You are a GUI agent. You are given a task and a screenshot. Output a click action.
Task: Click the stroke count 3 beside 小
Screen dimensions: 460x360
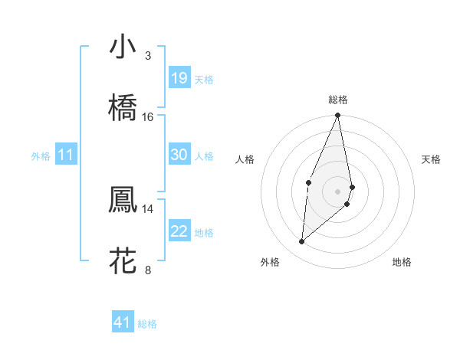[x=148, y=56]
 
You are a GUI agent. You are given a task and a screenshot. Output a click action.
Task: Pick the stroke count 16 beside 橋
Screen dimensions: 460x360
[x=148, y=116]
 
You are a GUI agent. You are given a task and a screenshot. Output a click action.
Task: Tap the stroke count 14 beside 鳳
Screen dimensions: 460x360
[x=148, y=208]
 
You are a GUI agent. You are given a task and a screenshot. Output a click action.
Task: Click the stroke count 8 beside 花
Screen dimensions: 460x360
[x=148, y=270]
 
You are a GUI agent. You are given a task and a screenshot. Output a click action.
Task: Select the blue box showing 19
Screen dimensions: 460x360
[x=179, y=78]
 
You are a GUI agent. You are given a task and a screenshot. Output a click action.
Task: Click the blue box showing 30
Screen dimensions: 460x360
[x=179, y=155]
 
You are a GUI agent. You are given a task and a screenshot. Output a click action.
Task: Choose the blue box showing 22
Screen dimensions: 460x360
[x=179, y=231]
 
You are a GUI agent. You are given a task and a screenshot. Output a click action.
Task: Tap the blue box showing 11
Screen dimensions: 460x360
[x=65, y=155]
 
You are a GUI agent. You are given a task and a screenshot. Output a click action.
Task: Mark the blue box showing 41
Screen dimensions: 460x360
[x=123, y=322]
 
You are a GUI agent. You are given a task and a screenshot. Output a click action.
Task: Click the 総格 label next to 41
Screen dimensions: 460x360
[x=147, y=324]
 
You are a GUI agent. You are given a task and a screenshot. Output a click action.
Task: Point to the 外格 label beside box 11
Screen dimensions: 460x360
[x=41, y=156]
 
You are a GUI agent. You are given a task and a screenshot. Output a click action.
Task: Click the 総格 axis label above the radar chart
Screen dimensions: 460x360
[x=338, y=100]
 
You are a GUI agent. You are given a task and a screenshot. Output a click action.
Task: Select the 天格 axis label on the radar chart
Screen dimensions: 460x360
[x=432, y=159]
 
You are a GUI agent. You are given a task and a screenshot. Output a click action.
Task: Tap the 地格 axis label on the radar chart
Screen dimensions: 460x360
[x=402, y=262]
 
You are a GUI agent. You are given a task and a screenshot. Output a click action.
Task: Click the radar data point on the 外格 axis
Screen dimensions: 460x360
[x=302, y=242]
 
